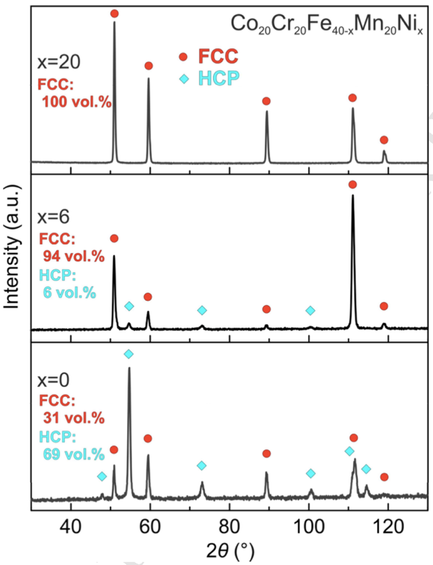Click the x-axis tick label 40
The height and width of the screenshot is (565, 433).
coord(71,524)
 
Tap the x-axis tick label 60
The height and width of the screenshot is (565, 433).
coord(150,524)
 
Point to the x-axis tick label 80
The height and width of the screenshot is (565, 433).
coord(229,524)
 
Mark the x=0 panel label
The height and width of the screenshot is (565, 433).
coord(56,380)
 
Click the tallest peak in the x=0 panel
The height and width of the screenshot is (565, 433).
coord(129,368)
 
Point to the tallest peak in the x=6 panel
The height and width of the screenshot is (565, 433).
coord(353,196)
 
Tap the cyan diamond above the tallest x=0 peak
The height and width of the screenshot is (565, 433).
coord(128,354)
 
